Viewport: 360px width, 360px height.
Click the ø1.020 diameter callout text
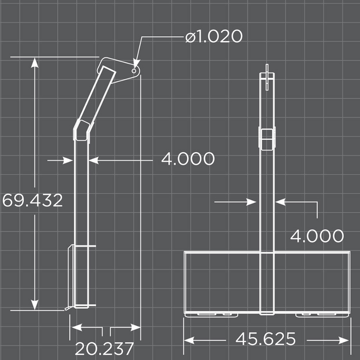213,37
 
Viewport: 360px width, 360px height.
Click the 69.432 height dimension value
32,200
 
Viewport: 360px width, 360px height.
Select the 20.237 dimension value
105,348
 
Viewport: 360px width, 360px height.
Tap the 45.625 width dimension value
265,339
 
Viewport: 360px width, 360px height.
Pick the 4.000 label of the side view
188,159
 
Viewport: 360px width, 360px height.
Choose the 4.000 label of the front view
317,236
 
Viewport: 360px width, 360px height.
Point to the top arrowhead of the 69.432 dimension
34,63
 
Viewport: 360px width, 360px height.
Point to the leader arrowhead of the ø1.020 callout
136,61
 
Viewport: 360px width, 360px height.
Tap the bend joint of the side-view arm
82,129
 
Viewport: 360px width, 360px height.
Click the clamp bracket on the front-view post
266,138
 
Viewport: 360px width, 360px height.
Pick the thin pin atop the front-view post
267,69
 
